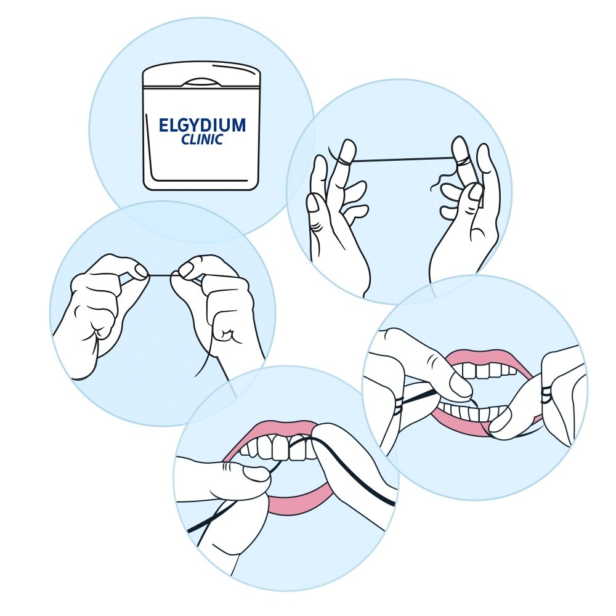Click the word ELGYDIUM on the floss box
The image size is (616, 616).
tap(202, 126)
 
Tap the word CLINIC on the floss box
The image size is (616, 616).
tap(202, 140)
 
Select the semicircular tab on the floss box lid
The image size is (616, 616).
tap(202, 81)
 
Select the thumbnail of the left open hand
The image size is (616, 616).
tap(348, 148)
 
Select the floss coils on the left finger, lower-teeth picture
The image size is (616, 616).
tap(399, 404)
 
